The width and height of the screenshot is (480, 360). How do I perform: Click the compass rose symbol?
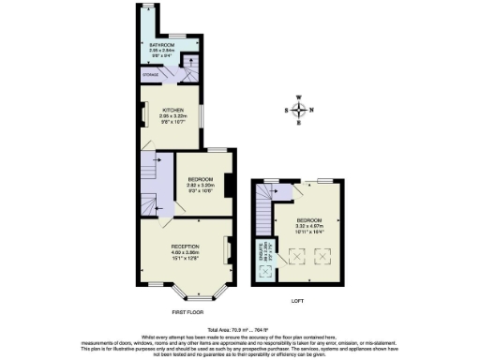tap(298, 111)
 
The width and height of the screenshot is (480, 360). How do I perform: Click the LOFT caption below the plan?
tap(297, 302)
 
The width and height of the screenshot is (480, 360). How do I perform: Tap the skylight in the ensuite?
tap(265, 273)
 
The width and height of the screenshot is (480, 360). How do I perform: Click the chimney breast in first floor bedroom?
tap(226, 184)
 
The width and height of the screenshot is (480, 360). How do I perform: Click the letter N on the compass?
tap(311, 111)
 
